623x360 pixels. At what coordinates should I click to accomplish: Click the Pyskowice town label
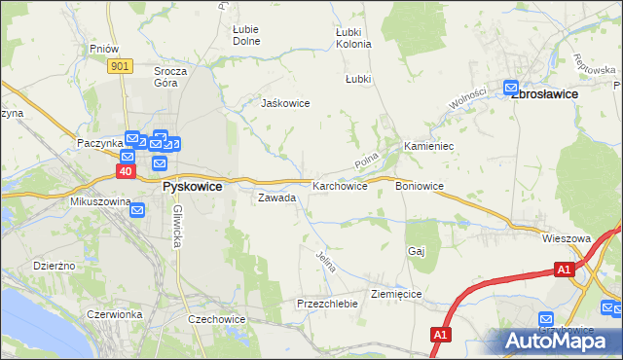tap(192, 186)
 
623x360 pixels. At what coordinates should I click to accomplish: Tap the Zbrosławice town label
tap(544, 93)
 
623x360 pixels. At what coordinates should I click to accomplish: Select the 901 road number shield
tap(120, 65)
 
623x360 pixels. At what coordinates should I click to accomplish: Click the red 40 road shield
tap(126, 171)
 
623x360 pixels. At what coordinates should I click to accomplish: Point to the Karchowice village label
tap(340, 186)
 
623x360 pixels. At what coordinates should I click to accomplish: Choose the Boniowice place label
tap(420, 186)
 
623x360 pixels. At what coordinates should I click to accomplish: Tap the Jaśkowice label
tap(284, 103)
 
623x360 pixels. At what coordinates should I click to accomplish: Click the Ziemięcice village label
tap(396, 293)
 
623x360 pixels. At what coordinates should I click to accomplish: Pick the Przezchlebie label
tap(327, 304)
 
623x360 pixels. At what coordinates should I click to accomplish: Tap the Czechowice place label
tap(217, 319)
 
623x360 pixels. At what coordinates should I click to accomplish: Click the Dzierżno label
tap(54, 265)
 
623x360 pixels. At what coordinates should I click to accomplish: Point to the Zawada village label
tap(276, 198)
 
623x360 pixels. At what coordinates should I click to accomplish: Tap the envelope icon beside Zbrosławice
tap(511, 86)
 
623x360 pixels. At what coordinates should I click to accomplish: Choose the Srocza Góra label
tap(170, 77)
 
